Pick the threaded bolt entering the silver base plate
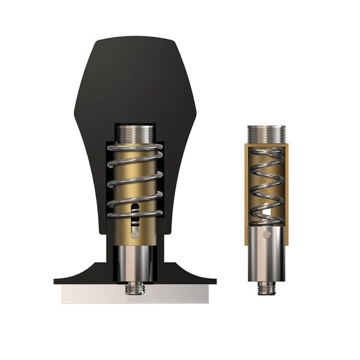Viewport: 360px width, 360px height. point(135,289)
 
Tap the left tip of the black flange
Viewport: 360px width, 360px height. point(57,280)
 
